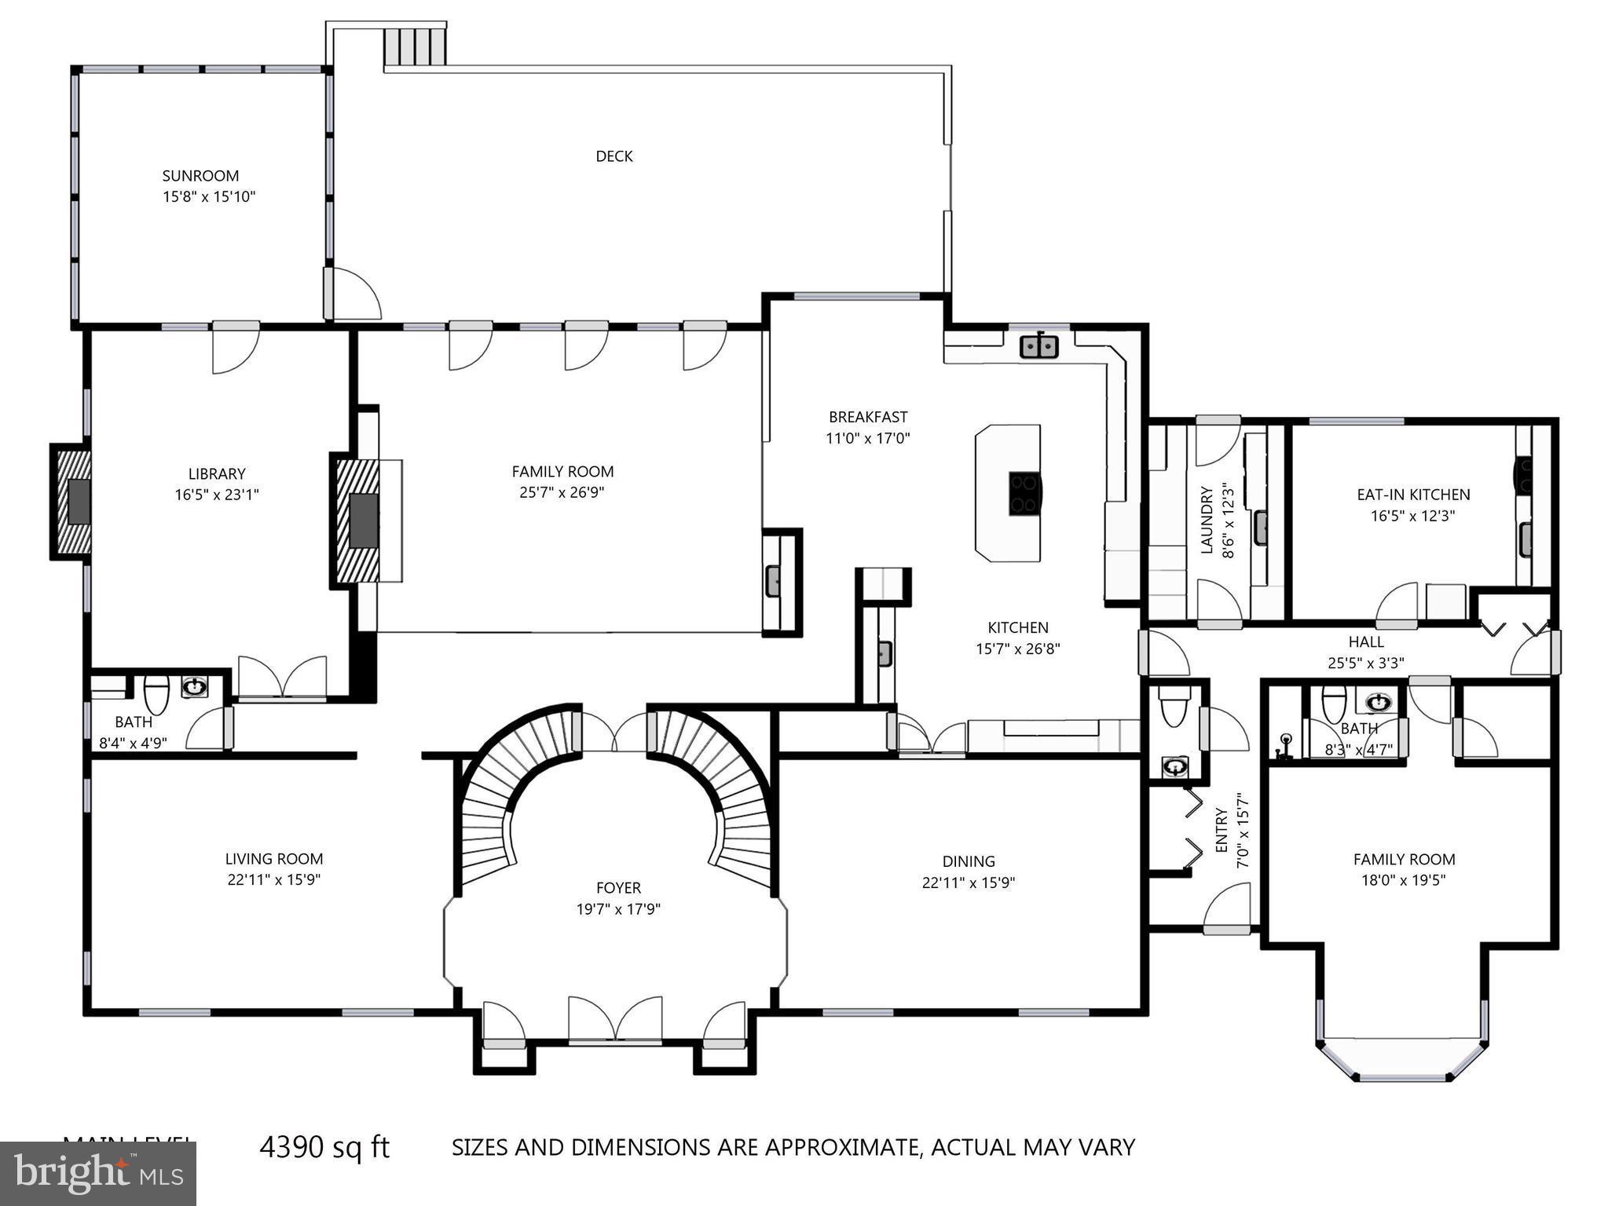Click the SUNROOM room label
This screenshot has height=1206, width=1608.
click(200, 176)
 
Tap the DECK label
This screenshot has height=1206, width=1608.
click(614, 156)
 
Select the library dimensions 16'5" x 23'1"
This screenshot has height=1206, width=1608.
click(217, 495)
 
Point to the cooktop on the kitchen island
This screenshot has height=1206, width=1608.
click(1025, 493)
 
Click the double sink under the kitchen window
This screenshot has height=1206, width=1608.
click(1039, 345)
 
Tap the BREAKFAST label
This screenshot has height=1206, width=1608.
click(867, 417)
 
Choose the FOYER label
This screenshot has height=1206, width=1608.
click(618, 888)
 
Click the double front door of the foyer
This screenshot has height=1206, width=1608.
click(615, 1021)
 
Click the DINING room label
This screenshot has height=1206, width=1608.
click(969, 861)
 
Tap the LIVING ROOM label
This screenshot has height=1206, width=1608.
click(273, 859)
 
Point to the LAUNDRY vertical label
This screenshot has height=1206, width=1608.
click(1207, 520)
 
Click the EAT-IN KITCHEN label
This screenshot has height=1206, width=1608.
click(1413, 495)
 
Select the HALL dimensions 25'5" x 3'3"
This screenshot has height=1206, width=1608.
click(1366, 663)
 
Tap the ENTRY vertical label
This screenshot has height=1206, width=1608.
click(1222, 830)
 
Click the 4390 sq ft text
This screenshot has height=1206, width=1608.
click(324, 1147)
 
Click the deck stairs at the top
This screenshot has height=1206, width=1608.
click(415, 47)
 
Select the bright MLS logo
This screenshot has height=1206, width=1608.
click(98, 1173)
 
